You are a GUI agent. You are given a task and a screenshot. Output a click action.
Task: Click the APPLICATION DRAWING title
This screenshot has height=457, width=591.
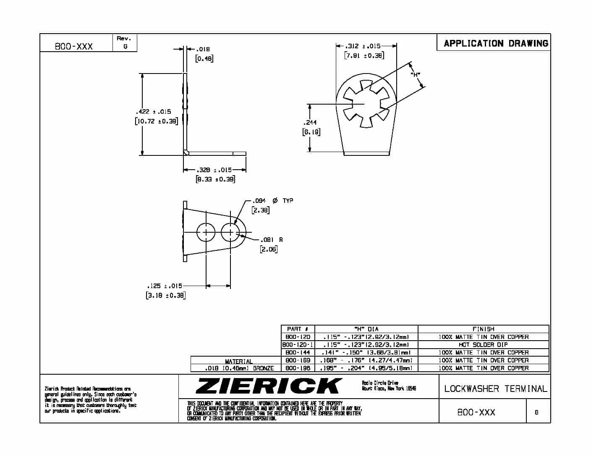[496, 43]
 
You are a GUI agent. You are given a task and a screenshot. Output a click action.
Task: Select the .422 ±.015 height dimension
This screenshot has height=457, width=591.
[153, 112]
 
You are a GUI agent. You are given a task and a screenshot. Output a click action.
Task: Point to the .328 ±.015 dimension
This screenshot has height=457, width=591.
[214, 170]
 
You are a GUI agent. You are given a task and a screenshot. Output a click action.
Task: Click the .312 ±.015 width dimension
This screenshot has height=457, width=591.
[363, 46]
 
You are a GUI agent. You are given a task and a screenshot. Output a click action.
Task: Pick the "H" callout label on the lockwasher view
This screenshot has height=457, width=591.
[416, 75]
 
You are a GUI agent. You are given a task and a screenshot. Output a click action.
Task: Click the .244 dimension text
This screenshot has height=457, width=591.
[311, 123]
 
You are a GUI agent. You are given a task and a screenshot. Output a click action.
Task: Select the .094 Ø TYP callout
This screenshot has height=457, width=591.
[272, 201]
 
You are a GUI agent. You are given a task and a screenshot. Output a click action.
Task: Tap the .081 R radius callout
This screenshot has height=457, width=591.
[271, 240]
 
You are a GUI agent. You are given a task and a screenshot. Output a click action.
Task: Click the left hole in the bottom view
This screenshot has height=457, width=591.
[206, 232]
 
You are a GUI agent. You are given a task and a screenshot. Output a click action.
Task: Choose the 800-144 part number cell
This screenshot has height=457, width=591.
[298, 352]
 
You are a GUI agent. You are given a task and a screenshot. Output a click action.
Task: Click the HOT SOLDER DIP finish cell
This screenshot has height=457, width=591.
[483, 344]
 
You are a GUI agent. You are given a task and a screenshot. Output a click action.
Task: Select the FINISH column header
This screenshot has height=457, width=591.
[483, 329]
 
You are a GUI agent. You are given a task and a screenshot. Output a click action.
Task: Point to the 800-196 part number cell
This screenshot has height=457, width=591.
[298, 368]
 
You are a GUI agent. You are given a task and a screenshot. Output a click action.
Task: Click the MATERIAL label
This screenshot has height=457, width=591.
[239, 361]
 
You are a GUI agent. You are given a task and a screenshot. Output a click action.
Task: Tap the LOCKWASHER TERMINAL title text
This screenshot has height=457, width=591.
[496, 389]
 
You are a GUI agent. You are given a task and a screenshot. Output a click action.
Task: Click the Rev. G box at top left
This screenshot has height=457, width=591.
[125, 43]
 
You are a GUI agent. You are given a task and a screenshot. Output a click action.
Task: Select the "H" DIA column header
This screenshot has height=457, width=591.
[366, 329]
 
